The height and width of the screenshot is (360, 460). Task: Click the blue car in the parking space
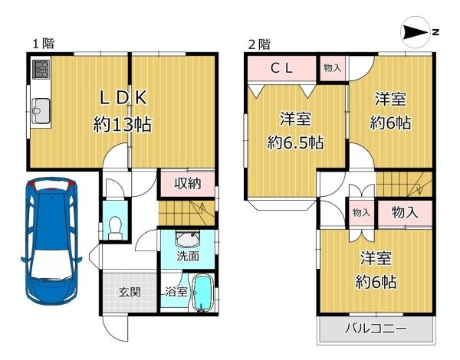[51, 241]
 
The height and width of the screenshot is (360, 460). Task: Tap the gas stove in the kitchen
[41, 69]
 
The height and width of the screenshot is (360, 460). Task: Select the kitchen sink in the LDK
[41, 111]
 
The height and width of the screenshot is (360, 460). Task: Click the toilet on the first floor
[115, 228]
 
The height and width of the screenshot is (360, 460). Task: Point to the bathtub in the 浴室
[202, 293]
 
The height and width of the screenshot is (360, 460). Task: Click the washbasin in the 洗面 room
[188, 239]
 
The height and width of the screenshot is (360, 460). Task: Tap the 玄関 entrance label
[130, 292]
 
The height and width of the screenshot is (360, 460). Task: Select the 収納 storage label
[188, 184]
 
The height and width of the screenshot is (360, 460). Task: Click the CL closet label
[281, 69]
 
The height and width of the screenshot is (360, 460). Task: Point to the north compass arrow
[416, 32]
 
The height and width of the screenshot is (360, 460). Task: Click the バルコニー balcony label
[376, 328]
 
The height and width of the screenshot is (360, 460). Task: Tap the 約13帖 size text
[123, 124]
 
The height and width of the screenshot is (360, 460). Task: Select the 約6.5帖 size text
[295, 143]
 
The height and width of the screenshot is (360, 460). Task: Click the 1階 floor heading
[44, 44]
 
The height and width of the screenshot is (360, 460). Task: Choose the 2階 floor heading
[259, 44]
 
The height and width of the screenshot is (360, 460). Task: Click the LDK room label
[123, 97]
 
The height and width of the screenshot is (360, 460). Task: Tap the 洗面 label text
[188, 257]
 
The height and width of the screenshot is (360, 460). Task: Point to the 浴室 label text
[176, 292]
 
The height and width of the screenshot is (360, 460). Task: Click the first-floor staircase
[187, 213]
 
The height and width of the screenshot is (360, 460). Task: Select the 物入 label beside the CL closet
[333, 68]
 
